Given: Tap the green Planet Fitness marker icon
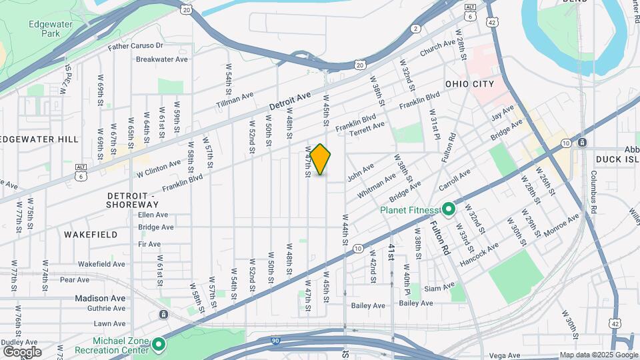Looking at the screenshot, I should (449, 210).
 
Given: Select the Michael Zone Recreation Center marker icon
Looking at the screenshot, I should (158, 344).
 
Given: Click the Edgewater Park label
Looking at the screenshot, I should (51, 29).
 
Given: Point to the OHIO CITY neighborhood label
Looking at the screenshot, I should (470, 84).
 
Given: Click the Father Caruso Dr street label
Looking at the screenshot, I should (135, 46).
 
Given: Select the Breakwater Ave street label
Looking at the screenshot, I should (162, 59).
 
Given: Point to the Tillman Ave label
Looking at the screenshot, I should (235, 101).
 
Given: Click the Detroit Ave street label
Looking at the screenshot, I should (290, 101).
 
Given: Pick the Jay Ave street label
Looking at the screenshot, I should (503, 113).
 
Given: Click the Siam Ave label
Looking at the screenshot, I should (439, 289).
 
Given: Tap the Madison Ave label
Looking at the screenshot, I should (100, 298).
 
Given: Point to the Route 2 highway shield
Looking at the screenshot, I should (415, 28).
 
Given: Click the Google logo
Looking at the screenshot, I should (22, 351).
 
